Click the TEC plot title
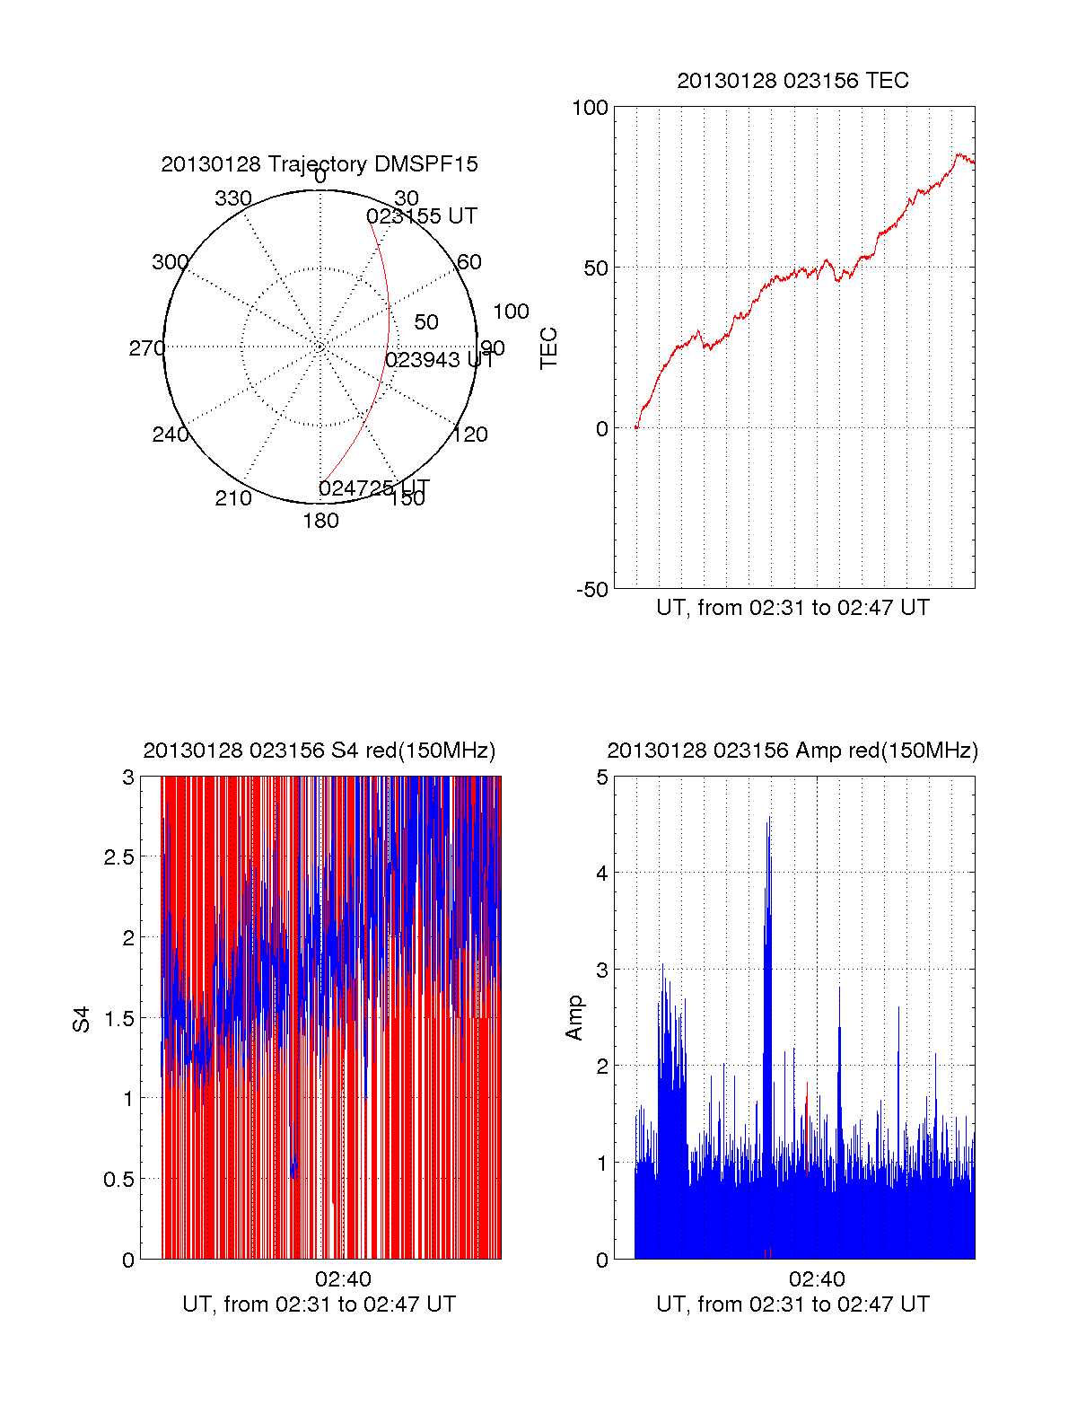coord(792,81)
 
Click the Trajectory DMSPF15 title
coord(320,164)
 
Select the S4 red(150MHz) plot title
coord(320,751)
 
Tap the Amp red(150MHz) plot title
coord(792,751)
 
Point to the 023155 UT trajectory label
coord(422,216)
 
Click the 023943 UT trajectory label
coord(440,360)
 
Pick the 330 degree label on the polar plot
coord(233,198)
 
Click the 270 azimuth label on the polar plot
coord(146,348)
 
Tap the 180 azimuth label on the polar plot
coord(320,521)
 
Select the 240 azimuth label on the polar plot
coord(171,435)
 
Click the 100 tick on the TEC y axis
coord(590,108)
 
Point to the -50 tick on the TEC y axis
coord(591,590)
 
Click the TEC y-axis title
coord(549,347)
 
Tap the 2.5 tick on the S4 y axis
coord(119,857)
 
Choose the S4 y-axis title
coord(82,1019)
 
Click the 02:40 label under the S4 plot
coord(343,1279)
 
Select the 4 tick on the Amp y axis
coord(602,873)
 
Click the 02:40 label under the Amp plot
coord(817,1279)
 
